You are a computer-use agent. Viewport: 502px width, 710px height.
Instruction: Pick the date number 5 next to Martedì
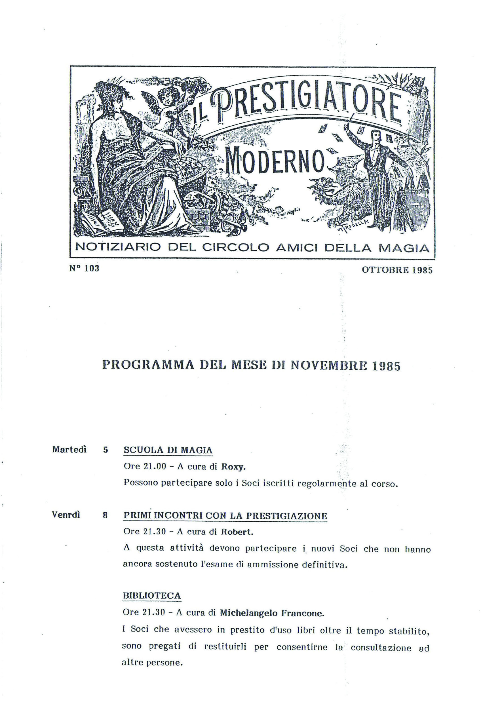pyautogui.click(x=106, y=450)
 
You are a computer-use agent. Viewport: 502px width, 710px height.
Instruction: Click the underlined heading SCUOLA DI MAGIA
pyautogui.click(x=168, y=450)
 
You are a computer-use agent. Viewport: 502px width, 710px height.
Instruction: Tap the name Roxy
pyautogui.click(x=233, y=467)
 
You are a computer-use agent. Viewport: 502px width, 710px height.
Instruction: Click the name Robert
pyautogui.click(x=237, y=532)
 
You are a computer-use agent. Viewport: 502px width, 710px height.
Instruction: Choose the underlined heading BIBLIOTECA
pyautogui.click(x=152, y=596)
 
